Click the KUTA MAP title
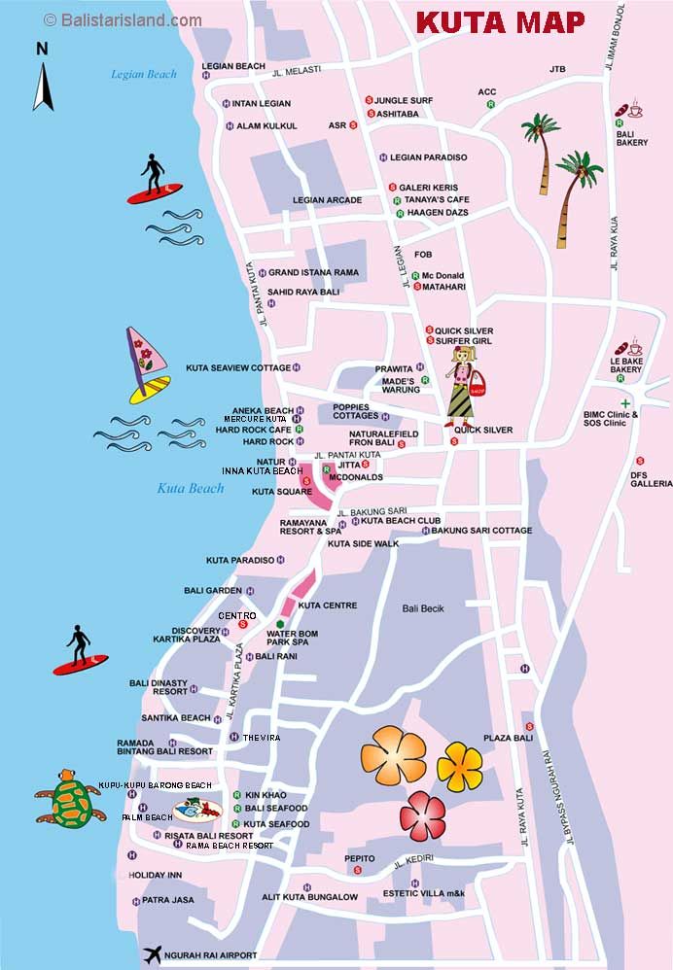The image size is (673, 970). coord(501,21)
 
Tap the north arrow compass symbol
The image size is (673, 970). coord(43,78)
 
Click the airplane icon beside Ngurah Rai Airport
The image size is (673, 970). coord(153,954)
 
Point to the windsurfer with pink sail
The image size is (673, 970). coord(149,365)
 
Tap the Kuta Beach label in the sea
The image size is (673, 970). coord(191,488)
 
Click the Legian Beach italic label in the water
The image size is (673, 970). coord(144,74)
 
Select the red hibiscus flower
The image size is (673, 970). coord(422,814)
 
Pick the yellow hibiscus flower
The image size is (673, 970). coord(459,766)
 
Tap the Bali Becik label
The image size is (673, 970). coord(423,608)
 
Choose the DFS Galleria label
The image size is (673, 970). coord(651,478)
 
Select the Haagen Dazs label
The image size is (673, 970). coord(437,212)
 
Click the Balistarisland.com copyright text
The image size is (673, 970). coord(123,19)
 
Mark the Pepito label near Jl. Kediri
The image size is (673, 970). coord(359,858)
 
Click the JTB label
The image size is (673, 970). coord(557,69)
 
